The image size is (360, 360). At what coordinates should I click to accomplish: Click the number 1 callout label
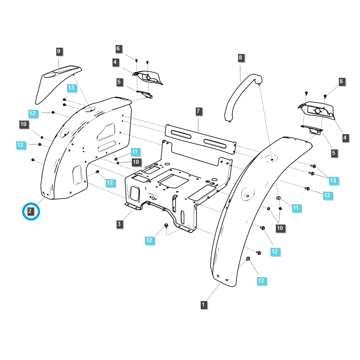click(x=203, y=305)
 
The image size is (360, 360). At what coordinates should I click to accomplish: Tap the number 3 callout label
click(x=119, y=224)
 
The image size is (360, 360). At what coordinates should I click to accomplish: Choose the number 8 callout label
click(x=240, y=58)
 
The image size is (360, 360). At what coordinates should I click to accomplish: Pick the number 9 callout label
click(x=58, y=51)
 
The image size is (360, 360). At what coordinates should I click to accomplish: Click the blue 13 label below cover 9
click(x=72, y=87)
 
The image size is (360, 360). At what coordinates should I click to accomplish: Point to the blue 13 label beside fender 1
click(x=333, y=180)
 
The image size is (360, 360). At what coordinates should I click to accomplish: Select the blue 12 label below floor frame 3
click(x=149, y=240)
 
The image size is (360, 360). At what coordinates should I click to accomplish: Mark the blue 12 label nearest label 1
click(x=261, y=280)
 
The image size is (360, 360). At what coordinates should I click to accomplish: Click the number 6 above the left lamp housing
click(x=118, y=49)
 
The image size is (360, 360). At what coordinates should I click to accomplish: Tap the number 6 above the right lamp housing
click(x=342, y=81)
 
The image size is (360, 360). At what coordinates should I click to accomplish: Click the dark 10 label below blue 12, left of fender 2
click(x=24, y=124)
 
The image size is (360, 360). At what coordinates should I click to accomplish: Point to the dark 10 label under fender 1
click(x=280, y=228)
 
